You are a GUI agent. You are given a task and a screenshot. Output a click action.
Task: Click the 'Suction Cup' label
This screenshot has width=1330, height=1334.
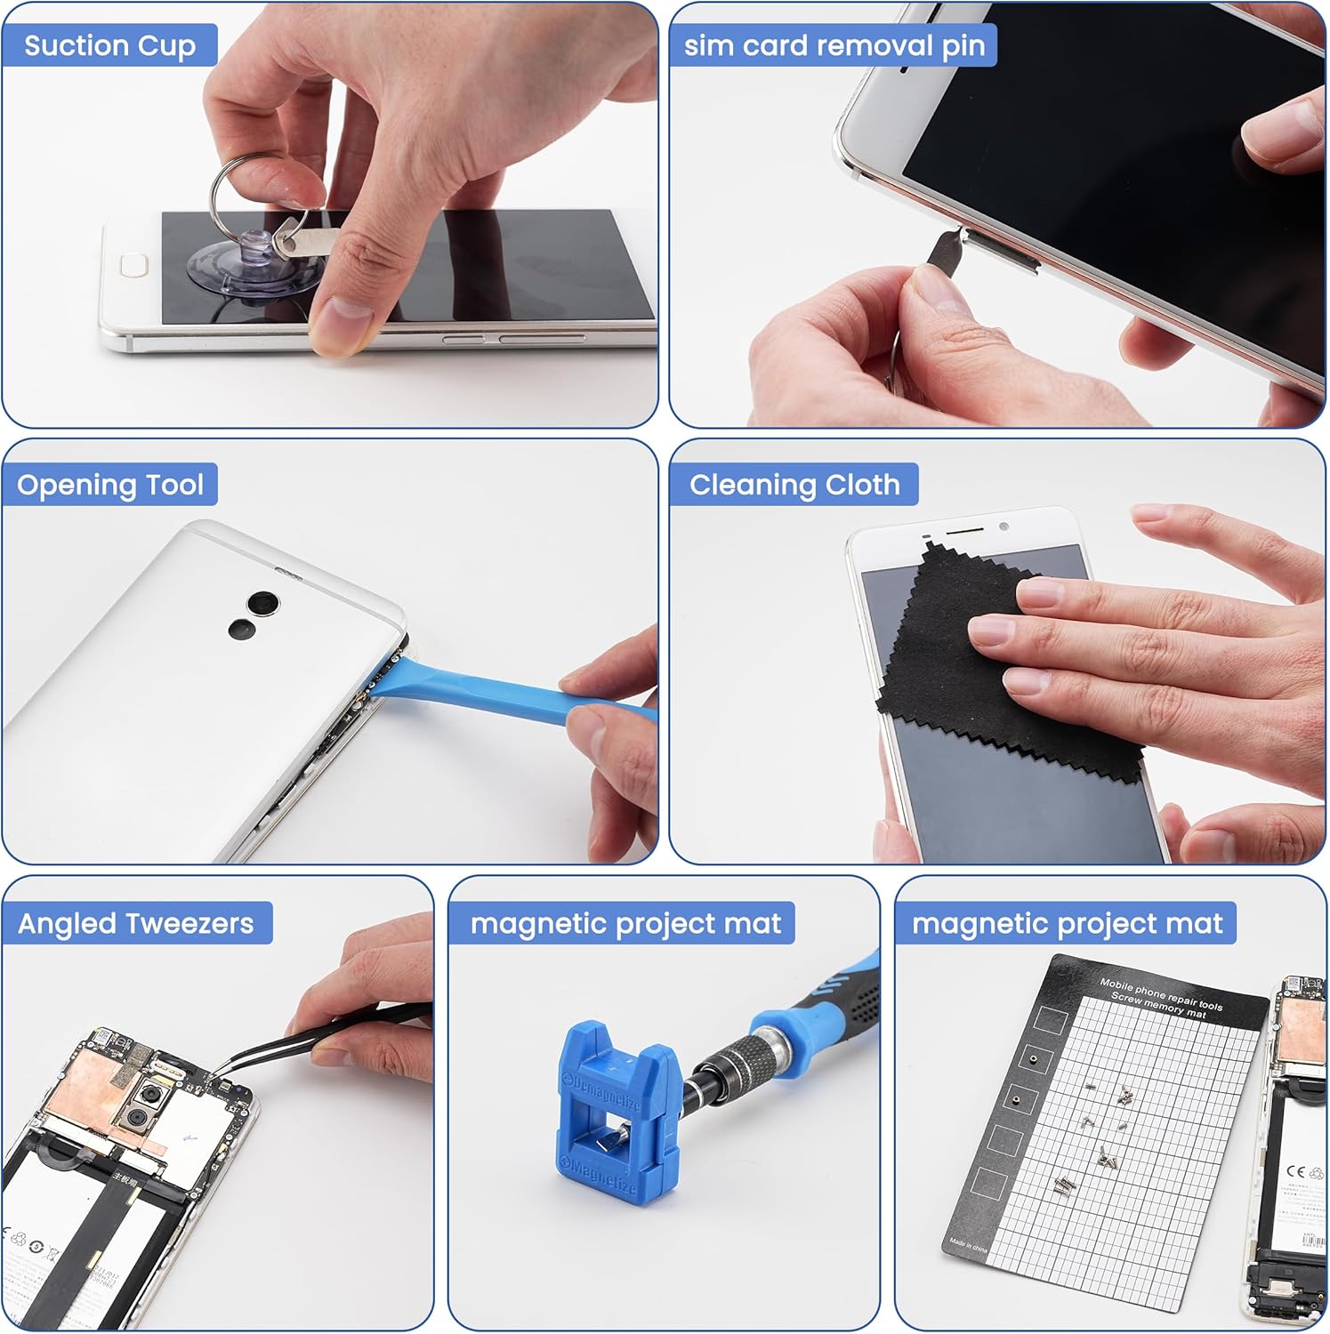click(109, 45)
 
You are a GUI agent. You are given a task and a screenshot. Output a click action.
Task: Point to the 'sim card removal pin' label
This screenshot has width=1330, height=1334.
click(834, 45)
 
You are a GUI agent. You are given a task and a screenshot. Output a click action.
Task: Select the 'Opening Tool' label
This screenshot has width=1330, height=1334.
click(110, 485)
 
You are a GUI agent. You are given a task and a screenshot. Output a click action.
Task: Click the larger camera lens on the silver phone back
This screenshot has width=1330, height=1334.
click(264, 603)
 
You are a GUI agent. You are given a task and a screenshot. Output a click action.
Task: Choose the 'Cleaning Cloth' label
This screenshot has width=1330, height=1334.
click(794, 485)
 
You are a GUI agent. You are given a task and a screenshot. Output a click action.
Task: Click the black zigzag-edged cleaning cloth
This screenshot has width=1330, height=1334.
click(961, 676)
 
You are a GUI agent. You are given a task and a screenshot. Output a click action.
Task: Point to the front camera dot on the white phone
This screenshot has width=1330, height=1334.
click(1004, 526)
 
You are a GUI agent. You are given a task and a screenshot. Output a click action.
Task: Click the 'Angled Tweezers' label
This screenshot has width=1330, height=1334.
click(136, 923)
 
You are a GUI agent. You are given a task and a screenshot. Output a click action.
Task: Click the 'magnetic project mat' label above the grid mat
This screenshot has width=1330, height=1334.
click(1067, 923)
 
